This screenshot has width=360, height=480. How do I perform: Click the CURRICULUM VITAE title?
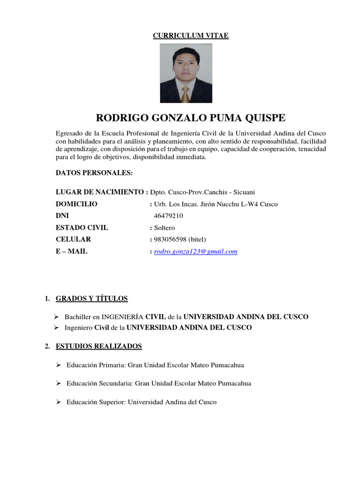point(190,36)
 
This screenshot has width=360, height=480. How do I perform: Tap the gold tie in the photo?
point(186,94)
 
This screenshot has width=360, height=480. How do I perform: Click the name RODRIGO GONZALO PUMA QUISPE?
point(190,117)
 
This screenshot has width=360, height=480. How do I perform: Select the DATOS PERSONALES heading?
point(94,173)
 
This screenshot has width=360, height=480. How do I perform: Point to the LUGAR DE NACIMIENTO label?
point(100,192)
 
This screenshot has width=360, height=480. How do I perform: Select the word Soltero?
point(165,228)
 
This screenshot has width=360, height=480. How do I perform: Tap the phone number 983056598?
point(168,240)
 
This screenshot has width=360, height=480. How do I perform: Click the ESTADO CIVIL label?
point(82,228)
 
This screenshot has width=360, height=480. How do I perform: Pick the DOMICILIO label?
point(76,204)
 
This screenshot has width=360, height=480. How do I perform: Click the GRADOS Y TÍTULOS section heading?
point(91,299)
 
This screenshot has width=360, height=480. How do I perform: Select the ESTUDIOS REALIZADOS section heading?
point(98,346)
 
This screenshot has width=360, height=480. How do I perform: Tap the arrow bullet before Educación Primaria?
point(59,365)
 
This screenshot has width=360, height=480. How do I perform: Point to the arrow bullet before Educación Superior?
point(59,402)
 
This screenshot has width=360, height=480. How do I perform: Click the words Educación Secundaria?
point(99,383)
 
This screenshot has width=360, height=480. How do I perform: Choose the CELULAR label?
point(73,240)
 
